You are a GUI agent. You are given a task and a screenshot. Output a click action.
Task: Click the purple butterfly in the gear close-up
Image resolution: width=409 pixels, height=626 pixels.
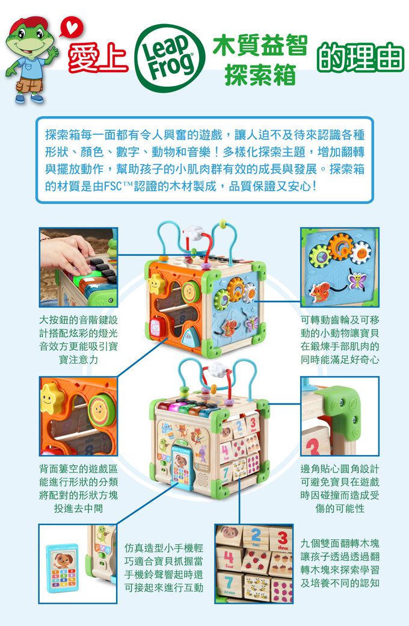point(358,279)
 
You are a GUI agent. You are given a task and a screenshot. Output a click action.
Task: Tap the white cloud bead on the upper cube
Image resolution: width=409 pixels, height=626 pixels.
point(194,231)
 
